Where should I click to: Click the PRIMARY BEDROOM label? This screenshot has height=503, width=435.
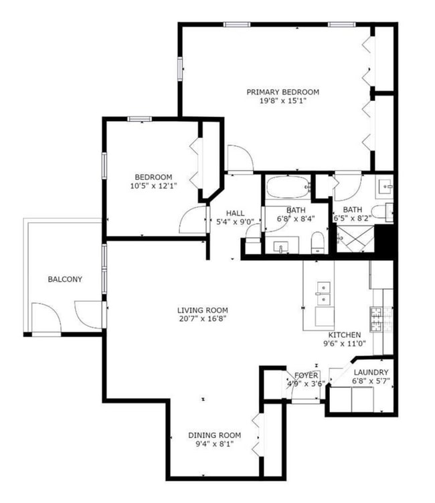(x=282, y=92)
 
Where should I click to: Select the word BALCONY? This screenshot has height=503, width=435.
(x=64, y=279)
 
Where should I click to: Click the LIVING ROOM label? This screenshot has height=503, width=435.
(x=202, y=310)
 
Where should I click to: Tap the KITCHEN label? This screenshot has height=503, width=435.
(x=344, y=335)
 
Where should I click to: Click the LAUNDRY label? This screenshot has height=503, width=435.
(x=370, y=373)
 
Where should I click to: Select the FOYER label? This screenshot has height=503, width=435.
(x=306, y=375)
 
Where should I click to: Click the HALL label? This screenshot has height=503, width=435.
(x=235, y=213)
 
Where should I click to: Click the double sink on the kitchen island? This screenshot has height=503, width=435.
(x=325, y=294)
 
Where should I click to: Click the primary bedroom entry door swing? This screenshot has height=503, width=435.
(x=238, y=159)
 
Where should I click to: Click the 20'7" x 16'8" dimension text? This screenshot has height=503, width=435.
(x=202, y=319)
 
